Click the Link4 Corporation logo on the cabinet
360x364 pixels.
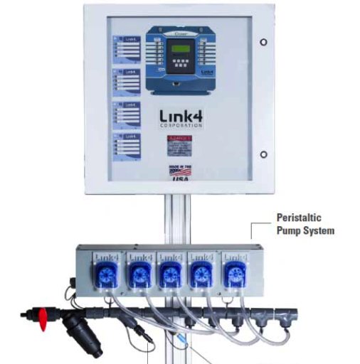coord(180,117)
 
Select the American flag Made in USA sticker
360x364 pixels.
coord(180,171)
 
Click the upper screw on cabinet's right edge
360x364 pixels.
coord(263,41)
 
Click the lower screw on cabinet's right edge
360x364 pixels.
coord(263,154)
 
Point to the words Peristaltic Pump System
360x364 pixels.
coord(305,225)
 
